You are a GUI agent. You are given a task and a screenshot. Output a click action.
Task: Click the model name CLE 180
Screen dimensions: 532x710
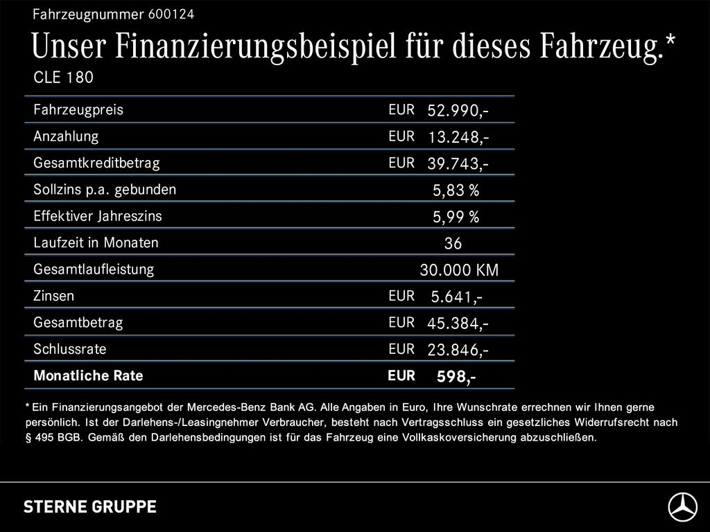click(63, 78)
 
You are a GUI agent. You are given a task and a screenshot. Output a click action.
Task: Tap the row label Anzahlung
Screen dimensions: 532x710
click(66, 136)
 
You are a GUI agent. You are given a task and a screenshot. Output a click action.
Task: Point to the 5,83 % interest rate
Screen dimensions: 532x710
click(456, 190)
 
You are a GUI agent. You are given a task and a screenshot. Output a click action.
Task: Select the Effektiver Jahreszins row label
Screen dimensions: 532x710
click(98, 216)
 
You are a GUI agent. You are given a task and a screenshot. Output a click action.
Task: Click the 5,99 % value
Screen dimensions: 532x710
click(456, 218)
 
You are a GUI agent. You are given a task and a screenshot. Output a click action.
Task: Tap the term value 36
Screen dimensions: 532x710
click(453, 244)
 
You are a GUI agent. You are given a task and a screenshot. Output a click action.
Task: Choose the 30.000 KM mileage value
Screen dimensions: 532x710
click(459, 270)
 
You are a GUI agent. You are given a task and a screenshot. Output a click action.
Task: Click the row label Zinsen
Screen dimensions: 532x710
click(53, 296)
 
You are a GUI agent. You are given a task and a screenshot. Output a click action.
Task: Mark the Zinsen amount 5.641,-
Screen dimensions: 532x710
click(456, 297)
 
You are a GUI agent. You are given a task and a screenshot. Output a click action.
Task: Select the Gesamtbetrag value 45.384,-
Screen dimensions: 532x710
click(458, 323)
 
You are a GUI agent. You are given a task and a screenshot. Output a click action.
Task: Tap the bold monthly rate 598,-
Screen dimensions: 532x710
click(456, 377)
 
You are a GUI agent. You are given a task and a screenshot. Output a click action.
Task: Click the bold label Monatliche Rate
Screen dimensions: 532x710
click(88, 376)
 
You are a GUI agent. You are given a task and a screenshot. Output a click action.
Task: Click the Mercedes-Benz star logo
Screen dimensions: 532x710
click(682, 508)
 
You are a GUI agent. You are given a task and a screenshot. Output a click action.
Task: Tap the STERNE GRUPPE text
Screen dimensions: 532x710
click(90, 506)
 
